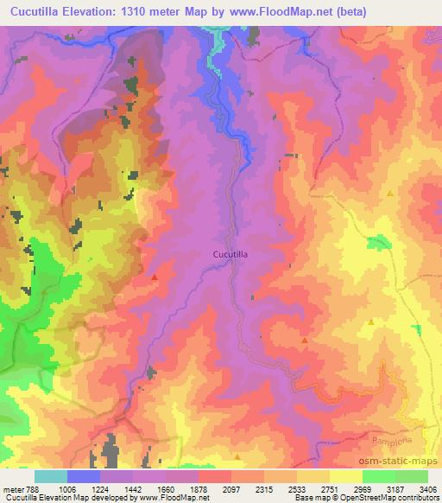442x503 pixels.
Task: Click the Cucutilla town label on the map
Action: pos(232,255)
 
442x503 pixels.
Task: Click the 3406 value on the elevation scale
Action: pos(427,488)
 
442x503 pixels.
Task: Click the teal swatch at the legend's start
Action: pos(51,476)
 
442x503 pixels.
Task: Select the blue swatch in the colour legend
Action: pos(84,476)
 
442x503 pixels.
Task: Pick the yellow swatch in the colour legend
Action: pos(345,476)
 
